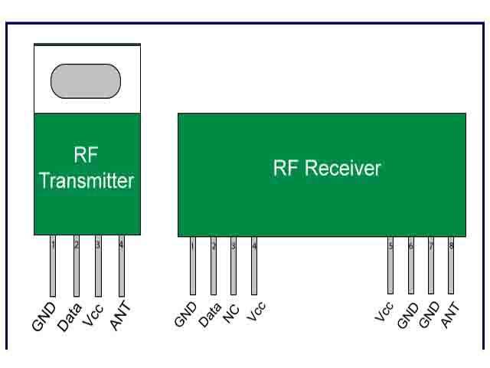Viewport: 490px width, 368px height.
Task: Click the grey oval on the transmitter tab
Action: (86, 80)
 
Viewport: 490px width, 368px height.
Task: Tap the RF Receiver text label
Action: (327, 168)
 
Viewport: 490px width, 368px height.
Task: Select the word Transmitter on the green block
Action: (87, 181)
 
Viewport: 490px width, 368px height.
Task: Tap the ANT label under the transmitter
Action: (120, 317)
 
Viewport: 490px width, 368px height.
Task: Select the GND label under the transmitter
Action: (44, 316)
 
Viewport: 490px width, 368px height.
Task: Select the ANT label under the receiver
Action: (451, 315)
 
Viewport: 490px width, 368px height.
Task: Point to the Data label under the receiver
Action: (209, 314)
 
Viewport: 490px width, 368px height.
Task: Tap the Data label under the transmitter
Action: (70, 315)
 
